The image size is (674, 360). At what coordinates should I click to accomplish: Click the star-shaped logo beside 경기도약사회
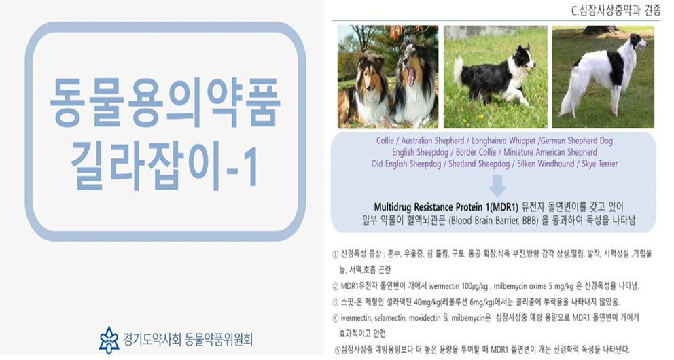click(109, 340)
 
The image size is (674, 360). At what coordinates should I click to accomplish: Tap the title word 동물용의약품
click(165, 103)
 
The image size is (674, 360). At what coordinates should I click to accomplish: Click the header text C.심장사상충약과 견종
click(616, 11)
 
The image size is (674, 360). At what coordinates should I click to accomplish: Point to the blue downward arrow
click(497, 185)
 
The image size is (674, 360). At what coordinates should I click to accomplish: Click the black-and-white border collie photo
click(495, 77)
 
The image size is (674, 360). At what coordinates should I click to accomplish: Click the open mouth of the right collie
click(411, 77)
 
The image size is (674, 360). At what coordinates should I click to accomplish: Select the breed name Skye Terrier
click(600, 164)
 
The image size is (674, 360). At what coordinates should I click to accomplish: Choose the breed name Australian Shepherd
click(432, 141)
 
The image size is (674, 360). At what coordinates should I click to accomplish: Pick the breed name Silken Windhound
click(546, 164)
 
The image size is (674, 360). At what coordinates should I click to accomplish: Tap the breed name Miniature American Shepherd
click(550, 152)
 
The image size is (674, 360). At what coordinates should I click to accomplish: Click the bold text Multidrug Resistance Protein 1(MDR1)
click(446, 207)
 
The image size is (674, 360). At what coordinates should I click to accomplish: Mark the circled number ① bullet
click(335, 254)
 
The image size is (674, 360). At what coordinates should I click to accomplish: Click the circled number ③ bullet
click(335, 302)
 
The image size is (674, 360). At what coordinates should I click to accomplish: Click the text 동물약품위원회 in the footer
click(218, 340)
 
